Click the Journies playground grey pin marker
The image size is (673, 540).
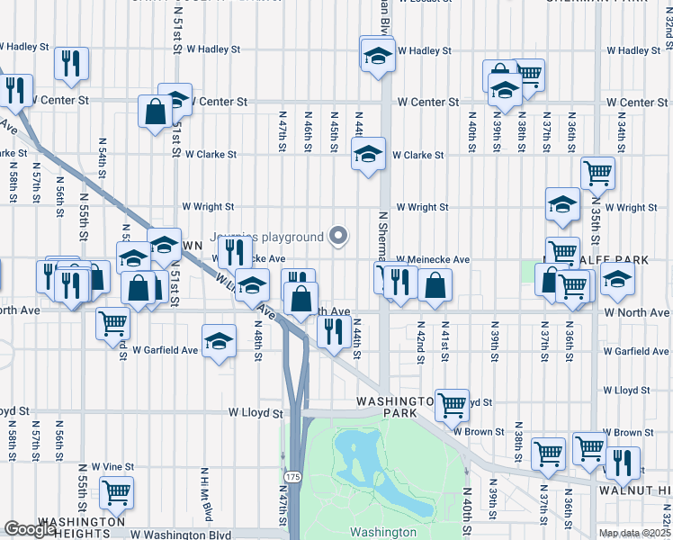point(338,237)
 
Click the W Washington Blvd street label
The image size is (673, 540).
point(181,534)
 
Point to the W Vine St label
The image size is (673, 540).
point(106,467)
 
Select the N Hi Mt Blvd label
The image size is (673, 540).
point(206,493)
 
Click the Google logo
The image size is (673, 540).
point(30,529)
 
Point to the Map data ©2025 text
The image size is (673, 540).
point(633,533)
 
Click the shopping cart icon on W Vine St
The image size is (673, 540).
point(116,491)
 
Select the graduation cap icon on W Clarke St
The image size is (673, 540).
point(368,154)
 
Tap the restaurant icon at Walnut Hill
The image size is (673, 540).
point(622,463)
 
